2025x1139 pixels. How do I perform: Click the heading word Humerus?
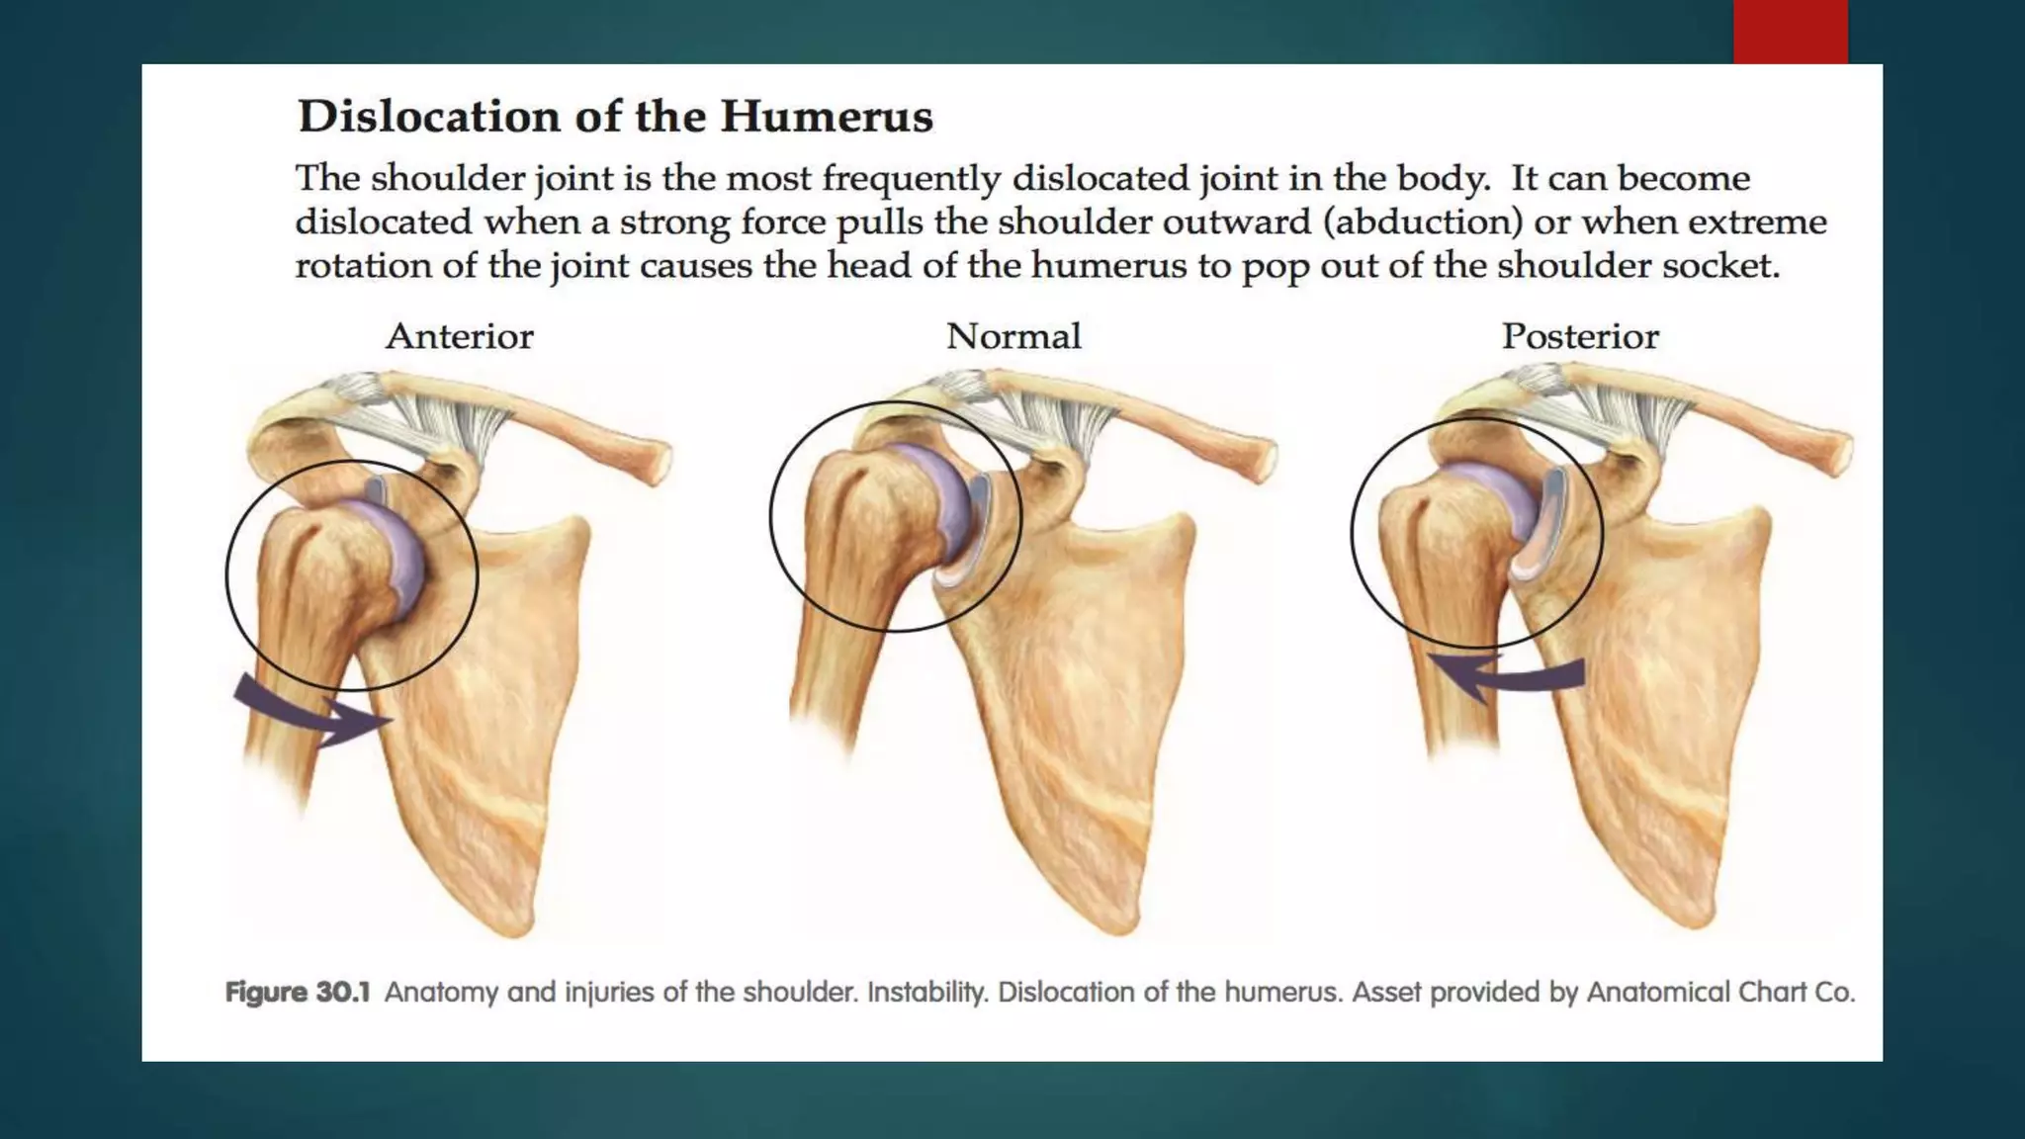point(826,117)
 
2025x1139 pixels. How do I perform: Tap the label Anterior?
point(460,337)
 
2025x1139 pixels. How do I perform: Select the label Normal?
point(1013,337)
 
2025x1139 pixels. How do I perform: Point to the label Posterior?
point(1580,337)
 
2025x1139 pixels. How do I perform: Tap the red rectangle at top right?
point(1790,32)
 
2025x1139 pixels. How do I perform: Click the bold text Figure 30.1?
point(298,992)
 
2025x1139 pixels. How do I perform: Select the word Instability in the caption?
point(926,992)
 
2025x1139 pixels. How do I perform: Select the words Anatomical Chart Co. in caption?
point(1720,992)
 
